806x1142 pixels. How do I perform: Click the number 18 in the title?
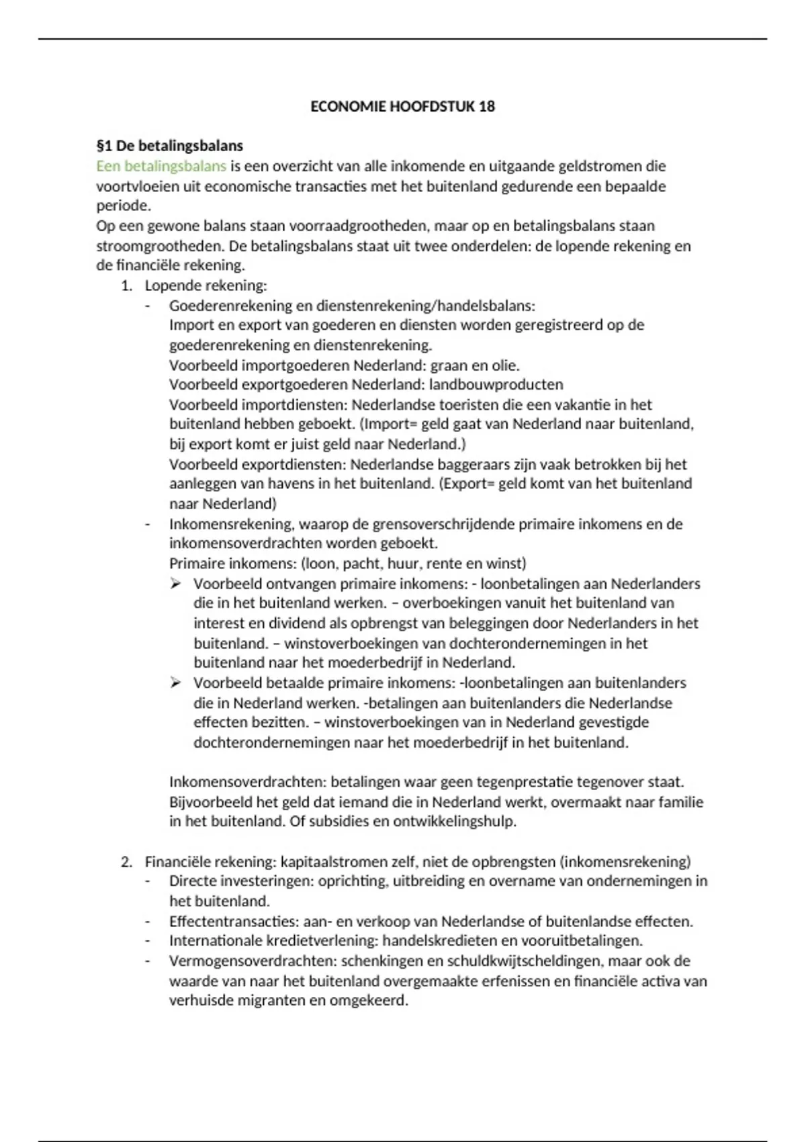click(487, 106)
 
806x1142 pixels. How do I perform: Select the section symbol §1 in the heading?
click(105, 146)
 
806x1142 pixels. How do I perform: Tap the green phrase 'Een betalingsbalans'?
click(161, 166)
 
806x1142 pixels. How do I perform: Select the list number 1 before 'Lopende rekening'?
click(126, 285)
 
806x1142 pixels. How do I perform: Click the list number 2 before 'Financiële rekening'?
click(126, 862)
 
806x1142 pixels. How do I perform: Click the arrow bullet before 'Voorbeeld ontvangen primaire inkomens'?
click(176, 584)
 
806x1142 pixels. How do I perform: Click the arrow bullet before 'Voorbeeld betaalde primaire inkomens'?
click(176, 683)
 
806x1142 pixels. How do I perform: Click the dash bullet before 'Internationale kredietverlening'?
click(148, 941)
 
